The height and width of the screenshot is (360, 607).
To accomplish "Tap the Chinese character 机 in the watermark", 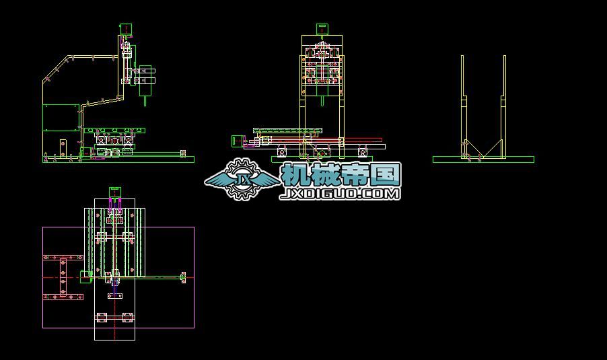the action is click(x=296, y=174).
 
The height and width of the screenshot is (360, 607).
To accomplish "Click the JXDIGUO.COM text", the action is click(x=340, y=194).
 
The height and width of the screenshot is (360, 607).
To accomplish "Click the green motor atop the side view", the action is click(x=127, y=30).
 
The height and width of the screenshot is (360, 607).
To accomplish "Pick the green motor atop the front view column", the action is click(x=322, y=30).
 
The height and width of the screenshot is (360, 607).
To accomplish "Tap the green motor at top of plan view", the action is click(x=115, y=192).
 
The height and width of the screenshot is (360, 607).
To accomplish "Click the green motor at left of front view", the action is click(x=237, y=141).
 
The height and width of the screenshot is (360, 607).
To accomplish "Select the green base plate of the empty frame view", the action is click(x=483, y=159).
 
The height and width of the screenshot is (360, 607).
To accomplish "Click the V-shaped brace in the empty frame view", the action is click(x=483, y=149).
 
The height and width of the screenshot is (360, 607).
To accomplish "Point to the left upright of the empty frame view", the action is click(x=463, y=107).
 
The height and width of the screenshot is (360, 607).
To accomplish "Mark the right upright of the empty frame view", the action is click(x=503, y=107).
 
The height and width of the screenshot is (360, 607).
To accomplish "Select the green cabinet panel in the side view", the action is click(x=61, y=118).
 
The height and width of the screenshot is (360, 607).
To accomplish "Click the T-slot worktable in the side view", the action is click(x=114, y=131).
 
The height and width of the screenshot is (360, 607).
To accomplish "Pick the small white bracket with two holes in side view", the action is click(x=63, y=147).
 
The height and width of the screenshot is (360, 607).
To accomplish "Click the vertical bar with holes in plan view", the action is click(x=63, y=277).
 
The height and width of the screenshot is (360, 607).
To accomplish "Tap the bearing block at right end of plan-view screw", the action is click(x=183, y=277).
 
